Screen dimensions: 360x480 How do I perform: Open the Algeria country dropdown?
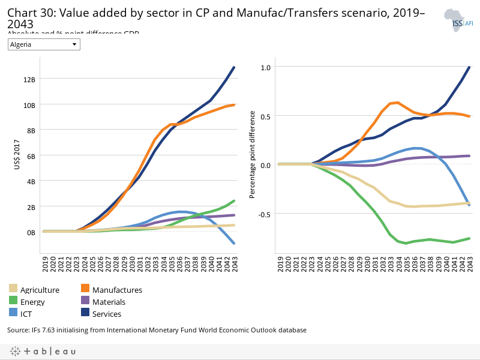coord(44,44)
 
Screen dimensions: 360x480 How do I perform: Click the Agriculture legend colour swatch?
coord(13,290)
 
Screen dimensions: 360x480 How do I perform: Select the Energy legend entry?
coord(32,302)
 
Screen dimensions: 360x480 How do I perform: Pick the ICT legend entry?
coord(28,314)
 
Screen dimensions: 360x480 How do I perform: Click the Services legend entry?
coord(107,314)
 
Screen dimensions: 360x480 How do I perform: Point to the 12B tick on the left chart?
coord(29,79)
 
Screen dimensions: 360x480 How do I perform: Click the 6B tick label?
coord(31,155)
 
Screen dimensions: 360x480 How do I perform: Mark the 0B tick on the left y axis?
coord(31,232)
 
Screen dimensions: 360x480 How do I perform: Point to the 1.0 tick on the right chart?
coord(265,67)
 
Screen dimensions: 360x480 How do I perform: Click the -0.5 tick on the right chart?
coord(263,214)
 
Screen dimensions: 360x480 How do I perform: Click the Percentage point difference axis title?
coord(253,155)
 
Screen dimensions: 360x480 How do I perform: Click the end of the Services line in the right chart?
coord(469,67)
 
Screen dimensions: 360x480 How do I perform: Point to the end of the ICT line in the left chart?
coord(233,243)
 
